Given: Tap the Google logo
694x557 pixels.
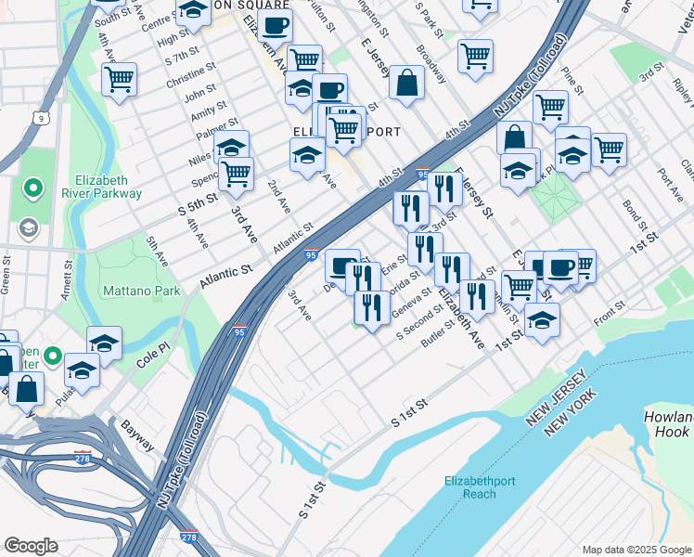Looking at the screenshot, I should (x=31, y=546).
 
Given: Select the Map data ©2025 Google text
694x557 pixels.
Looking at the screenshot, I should (x=636, y=550).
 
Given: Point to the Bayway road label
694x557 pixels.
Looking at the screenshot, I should (x=136, y=434).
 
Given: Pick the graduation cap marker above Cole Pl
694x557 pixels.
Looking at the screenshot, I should (x=104, y=342).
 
